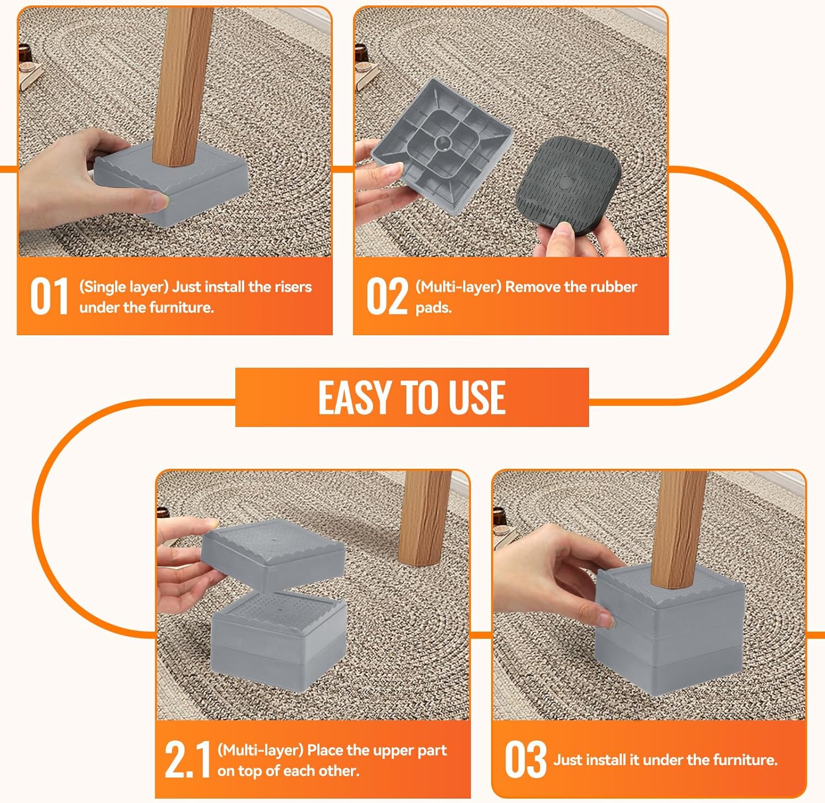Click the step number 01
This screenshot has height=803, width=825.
coord(50,296)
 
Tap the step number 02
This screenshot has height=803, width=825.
coord(387,296)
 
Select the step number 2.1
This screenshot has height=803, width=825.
coord(188,760)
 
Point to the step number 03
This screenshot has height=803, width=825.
coord(526,760)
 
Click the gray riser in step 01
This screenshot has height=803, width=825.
coord(170,181)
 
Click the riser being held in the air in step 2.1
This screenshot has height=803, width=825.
coord(273,552)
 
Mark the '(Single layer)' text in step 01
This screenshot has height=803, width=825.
coord(124,287)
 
